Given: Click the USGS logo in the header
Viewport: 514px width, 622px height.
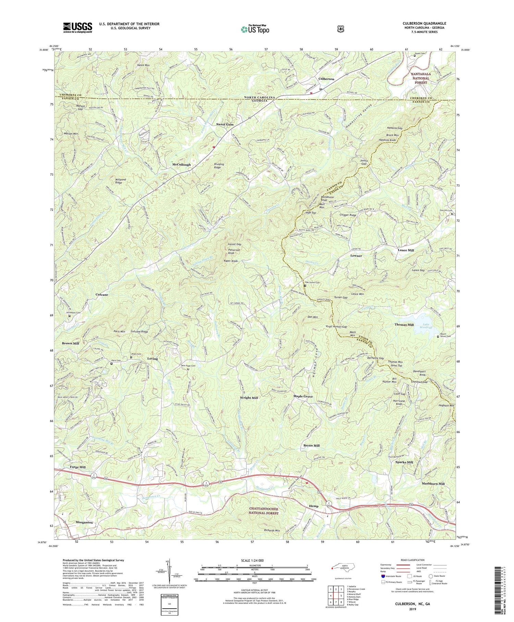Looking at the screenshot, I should (77, 27).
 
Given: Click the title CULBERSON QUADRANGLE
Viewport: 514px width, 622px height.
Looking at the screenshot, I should (424, 23).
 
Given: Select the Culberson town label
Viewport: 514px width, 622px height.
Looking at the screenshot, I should (326, 79).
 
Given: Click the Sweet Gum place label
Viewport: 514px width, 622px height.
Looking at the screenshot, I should (225, 124).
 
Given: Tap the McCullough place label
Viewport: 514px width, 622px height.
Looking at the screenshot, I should (181, 165).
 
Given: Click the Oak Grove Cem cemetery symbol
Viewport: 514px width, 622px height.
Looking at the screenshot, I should (305, 285).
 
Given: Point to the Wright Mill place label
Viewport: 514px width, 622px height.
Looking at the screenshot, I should (249, 398).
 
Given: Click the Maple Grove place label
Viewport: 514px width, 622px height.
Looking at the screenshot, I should (303, 396).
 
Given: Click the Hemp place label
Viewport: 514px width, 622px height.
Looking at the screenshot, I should (313, 506).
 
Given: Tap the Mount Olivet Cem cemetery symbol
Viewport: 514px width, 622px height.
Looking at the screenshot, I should (438, 337).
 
